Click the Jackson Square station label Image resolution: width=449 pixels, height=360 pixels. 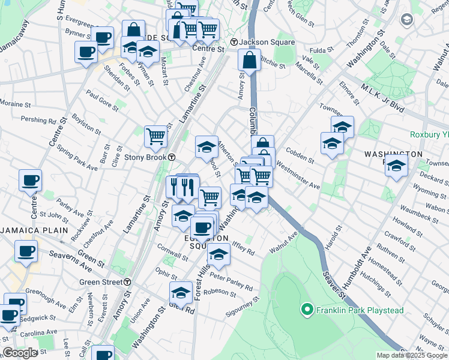(267, 42)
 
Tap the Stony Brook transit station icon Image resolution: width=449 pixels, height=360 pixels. (172, 157)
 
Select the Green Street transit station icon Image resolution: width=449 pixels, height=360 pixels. (128, 282)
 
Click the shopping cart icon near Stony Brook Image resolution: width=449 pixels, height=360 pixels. (155, 136)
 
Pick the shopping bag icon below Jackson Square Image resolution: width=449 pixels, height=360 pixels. (249, 60)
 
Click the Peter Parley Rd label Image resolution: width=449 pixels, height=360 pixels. (231, 283)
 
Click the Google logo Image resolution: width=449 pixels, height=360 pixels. (20, 353)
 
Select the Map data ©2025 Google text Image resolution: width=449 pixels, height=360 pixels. (412, 355)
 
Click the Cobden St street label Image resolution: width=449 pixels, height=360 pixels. (300, 155)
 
